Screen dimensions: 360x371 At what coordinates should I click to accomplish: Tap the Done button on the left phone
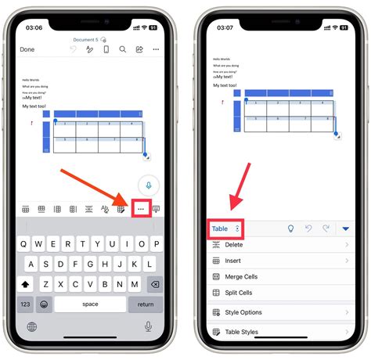27,49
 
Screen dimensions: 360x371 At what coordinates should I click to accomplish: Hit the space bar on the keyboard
90,303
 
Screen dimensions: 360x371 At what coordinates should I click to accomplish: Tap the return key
146,303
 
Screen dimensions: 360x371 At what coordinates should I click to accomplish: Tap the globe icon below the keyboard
32,326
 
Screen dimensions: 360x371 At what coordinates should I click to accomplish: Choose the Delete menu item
233,245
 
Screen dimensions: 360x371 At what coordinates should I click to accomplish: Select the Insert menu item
233,261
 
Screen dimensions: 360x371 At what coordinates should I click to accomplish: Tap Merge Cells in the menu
241,277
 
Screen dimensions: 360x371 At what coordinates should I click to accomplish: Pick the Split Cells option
239,293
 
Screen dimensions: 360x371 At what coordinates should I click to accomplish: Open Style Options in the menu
243,312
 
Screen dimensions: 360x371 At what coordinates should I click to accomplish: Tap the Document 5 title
86,38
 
